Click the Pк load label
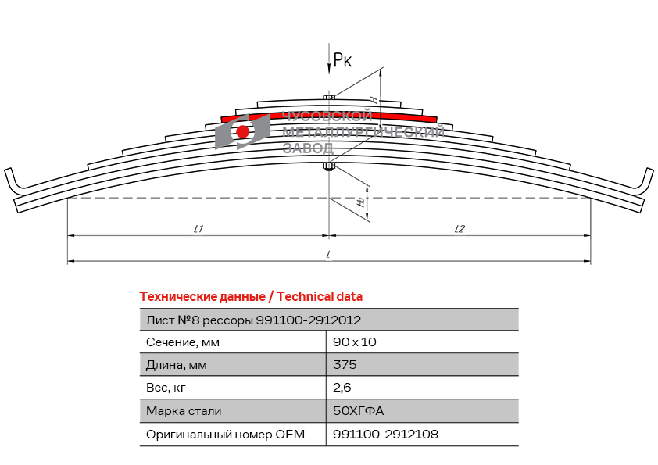tap(342, 60)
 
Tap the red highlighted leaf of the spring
tap(329, 116)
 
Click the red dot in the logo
tap(242, 131)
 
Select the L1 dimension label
tap(198, 229)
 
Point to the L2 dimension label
tap(460, 229)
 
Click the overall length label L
tap(328, 254)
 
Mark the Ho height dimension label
tap(361, 202)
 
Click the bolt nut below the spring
tap(329, 167)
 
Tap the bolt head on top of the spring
tap(329, 98)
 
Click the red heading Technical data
tap(251, 297)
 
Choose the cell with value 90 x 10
tap(355, 342)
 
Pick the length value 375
tap(345, 364)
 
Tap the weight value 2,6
tap(342, 388)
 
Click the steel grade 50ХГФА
tap(359, 410)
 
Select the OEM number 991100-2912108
tap(385, 434)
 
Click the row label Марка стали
tap(184, 411)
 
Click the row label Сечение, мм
tap(183, 342)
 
